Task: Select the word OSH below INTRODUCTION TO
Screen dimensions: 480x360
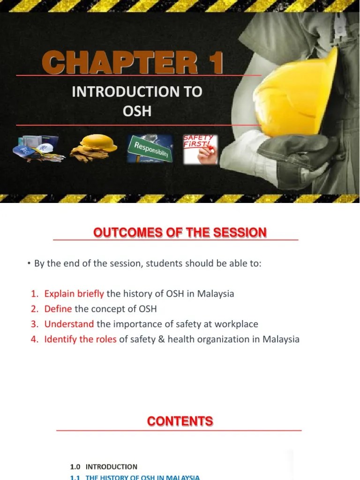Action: point(137,111)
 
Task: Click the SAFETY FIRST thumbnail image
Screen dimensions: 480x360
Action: point(200,149)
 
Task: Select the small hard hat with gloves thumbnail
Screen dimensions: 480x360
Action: point(94,148)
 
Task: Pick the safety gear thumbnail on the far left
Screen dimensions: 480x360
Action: point(37,149)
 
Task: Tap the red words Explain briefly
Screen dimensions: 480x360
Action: point(74,294)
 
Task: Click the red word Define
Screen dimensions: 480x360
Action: point(58,309)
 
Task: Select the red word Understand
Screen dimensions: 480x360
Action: point(69,324)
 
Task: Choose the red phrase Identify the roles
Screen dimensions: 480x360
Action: point(80,339)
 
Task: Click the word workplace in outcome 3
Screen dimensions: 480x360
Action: point(237,324)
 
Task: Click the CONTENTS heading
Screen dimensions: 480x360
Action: point(180,421)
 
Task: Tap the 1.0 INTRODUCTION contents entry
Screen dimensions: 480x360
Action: point(104,467)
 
